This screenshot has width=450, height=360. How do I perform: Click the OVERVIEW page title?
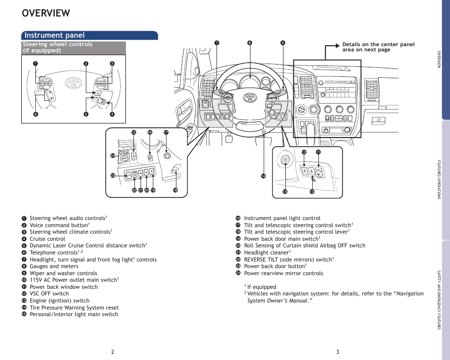tap(46, 13)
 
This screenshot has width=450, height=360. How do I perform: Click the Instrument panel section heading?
tap(55, 35)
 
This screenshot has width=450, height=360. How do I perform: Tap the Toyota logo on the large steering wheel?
tap(249, 98)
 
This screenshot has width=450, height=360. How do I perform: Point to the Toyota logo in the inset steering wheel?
tap(74, 83)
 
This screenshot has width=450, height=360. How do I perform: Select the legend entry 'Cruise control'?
tap(47, 239)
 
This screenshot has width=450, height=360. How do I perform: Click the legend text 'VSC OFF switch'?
tap(49, 294)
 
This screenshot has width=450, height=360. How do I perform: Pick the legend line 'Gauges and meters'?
tap(54, 266)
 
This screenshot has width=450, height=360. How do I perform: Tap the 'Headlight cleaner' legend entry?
tap(267, 253)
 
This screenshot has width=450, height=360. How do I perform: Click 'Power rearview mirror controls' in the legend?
tap(283, 273)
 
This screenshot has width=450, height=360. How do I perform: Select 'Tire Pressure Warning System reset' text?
tap(74, 308)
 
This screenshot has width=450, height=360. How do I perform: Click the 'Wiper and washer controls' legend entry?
tap(63, 273)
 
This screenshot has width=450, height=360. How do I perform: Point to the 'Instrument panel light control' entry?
tap(282, 218)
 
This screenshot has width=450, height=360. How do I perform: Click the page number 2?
tap(113, 352)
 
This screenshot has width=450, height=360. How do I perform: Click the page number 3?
tap(338, 352)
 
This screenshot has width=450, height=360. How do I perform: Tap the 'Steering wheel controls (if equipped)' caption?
tap(58, 47)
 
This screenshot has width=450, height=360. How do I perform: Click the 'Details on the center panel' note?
tap(378, 47)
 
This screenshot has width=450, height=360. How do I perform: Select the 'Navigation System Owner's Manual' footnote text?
tap(335, 297)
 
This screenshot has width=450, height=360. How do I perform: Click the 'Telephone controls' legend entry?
tap(53, 253)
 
